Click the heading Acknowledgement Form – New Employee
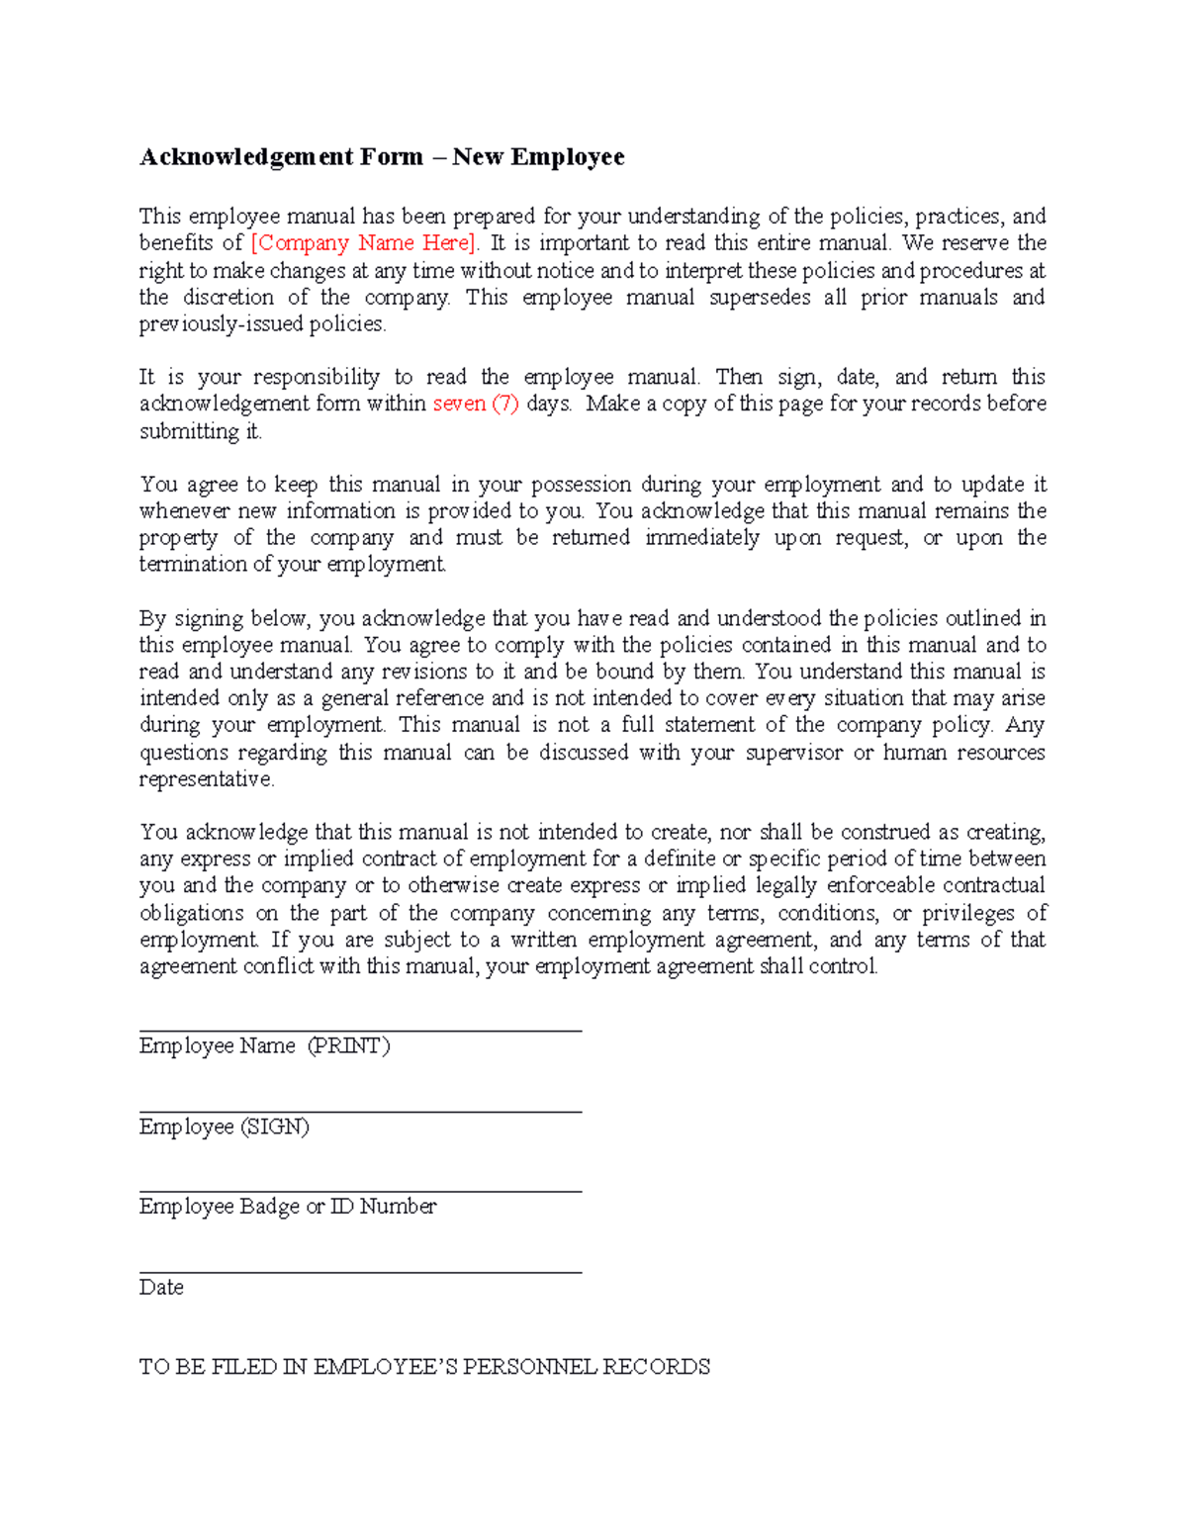pyautogui.click(x=382, y=157)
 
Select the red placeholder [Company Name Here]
pyautogui.click(x=364, y=243)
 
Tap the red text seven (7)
pyautogui.click(x=476, y=404)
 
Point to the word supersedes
pyautogui.click(x=760, y=298)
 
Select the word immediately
pyautogui.click(x=702, y=538)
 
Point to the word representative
pyautogui.click(x=206, y=779)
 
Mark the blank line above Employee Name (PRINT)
pyautogui.click(x=360, y=1030)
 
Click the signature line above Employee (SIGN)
pyautogui.click(x=360, y=1111)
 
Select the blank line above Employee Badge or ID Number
pyautogui.click(x=360, y=1191)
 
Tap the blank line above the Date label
pyautogui.click(x=360, y=1272)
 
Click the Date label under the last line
pyautogui.click(x=161, y=1288)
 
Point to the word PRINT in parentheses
pyautogui.click(x=348, y=1046)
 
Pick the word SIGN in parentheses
pyautogui.click(x=274, y=1128)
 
